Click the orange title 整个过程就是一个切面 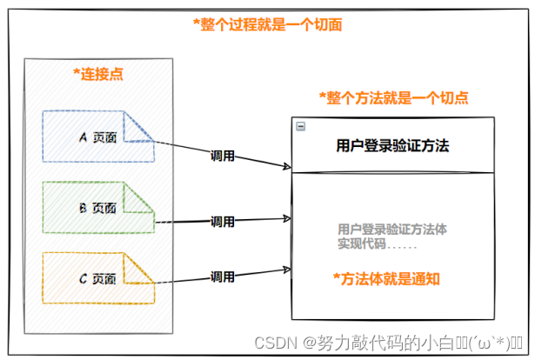pyautogui.click(x=268, y=24)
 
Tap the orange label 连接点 pyautogui.click(x=98, y=74)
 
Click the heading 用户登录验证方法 pyautogui.click(x=392, y=145)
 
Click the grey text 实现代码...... pyautogui.click(x=358, y=243)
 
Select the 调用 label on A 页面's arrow pyautogui.click(x=223, y=157)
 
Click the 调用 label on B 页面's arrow pyautogui.click(x=223, y=221)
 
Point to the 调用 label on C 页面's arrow pyautogui.click(x=223, y=277)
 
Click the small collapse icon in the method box pyautogui.click(x=300, y=126)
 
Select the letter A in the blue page pyautogui.click(x=84, y=137)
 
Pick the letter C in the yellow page pyautogui.click(x=84, y=278)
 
